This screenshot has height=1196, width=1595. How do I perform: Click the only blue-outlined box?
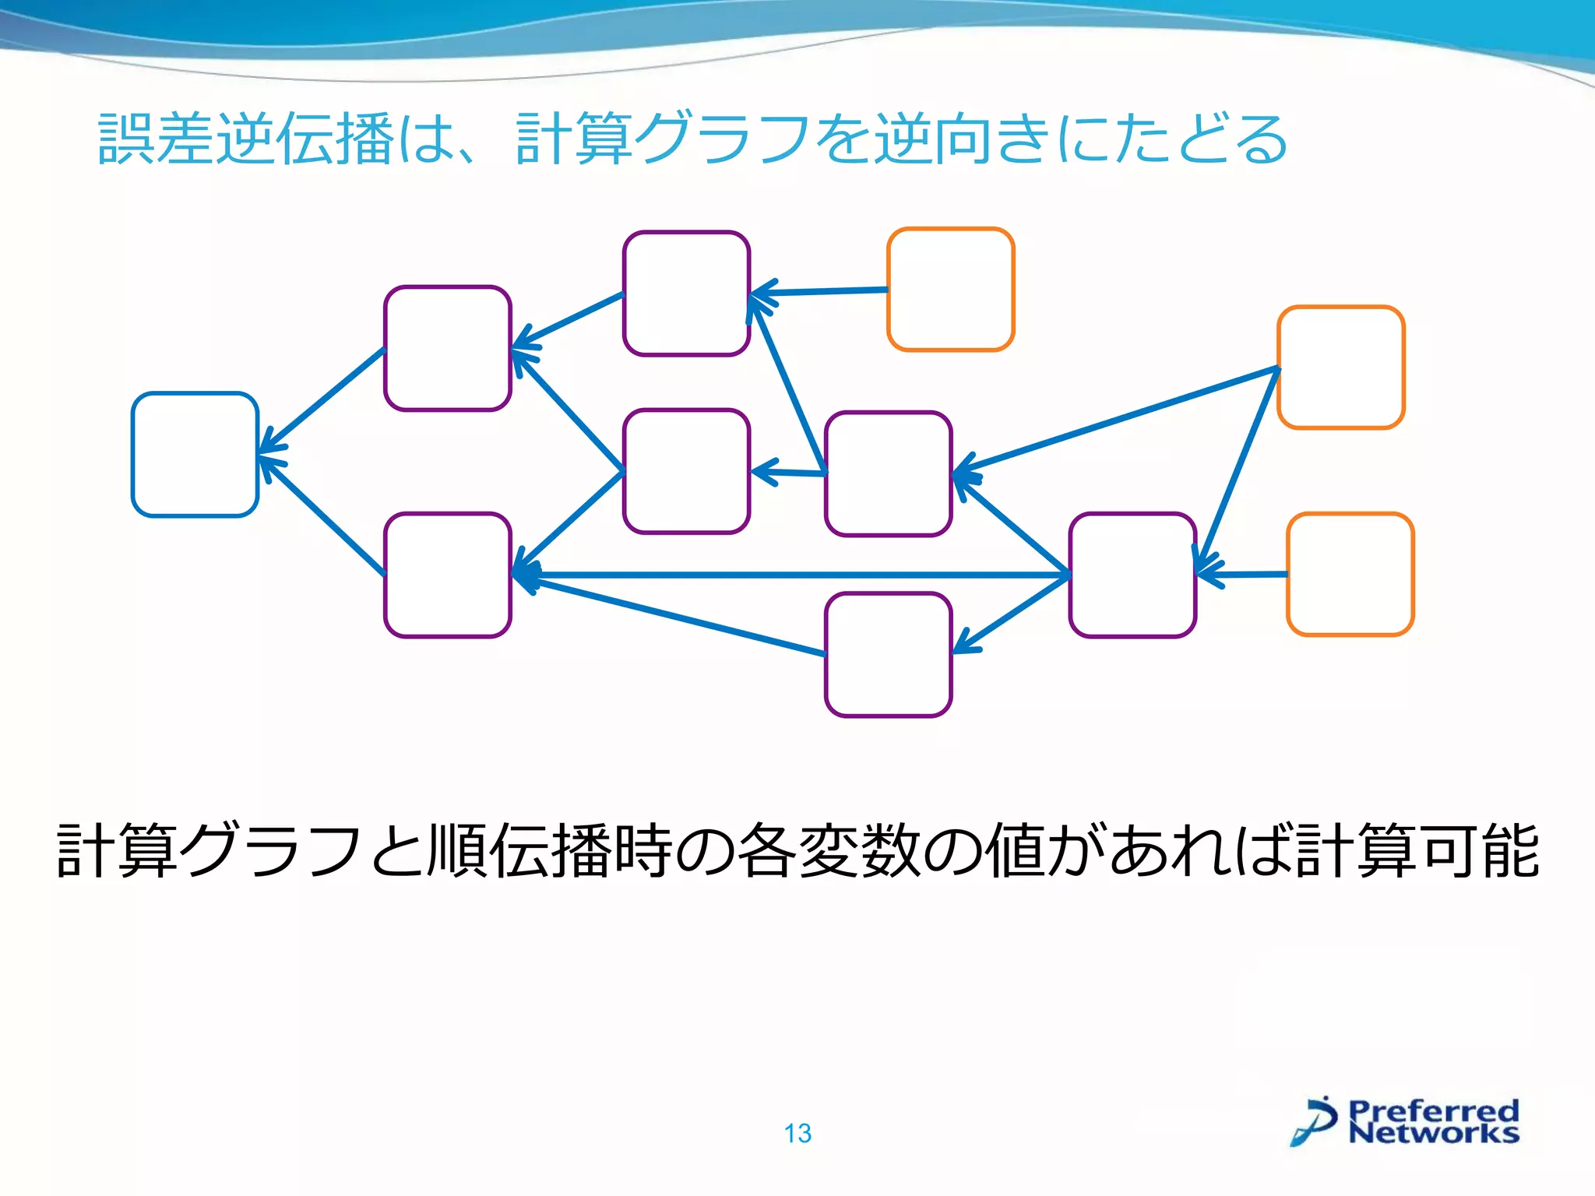(195, 454)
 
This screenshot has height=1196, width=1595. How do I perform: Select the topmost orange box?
(950, 290)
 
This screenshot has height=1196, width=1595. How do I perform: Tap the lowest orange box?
(1350, 575)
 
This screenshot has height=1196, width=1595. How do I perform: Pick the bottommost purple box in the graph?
(888, 654)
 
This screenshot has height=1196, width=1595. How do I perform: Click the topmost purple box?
(686, 294)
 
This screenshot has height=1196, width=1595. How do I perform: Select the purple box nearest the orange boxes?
(1132, 575)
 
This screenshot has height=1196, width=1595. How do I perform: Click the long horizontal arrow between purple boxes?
(787, 575)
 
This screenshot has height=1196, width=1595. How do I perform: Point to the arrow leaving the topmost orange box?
(818, 291)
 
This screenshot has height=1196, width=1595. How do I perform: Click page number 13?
(797, 1134)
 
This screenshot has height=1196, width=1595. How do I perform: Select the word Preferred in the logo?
(1433, 1110)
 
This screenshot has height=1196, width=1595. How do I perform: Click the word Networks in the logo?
(1433, 1133)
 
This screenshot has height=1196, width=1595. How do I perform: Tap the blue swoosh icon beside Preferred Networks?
(1315, 1121)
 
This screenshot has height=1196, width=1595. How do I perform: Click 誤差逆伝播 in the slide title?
(245, 139)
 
